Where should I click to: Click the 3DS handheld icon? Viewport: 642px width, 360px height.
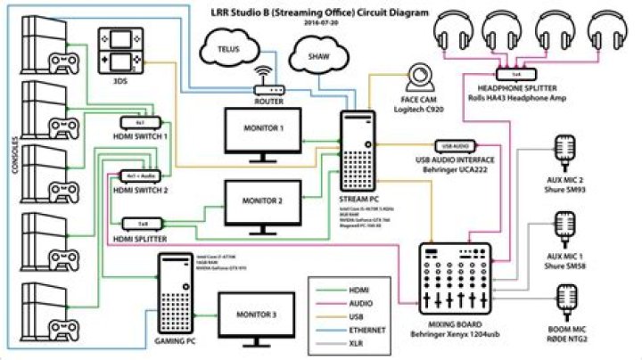(119, 52)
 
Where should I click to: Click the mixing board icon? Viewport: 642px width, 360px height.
(453, 275)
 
